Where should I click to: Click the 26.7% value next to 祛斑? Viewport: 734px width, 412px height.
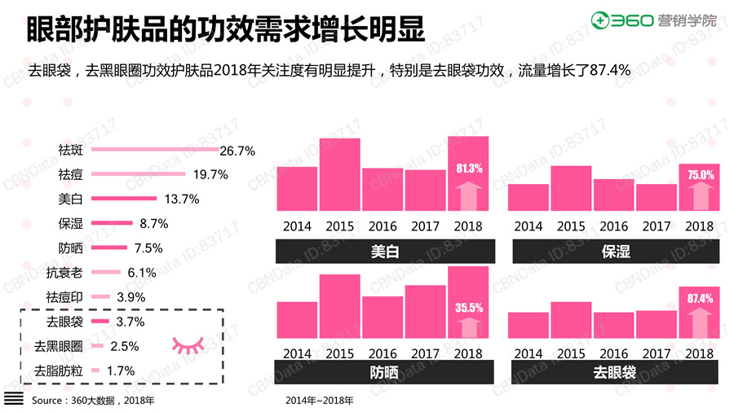(x=238, y=151)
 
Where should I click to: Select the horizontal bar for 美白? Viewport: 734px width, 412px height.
(x=123, y=199)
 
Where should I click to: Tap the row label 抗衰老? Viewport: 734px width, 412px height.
(x=65, y=272)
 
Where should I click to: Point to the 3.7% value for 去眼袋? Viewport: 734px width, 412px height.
(x=130, y=322)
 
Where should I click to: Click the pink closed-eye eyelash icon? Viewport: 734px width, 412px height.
(x=188, y=344)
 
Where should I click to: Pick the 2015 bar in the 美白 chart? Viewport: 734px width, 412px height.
(x=339, y=175)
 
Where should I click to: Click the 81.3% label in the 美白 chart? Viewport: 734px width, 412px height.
(x=468, y=169)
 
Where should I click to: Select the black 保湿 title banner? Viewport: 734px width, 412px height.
(x=616, y=252)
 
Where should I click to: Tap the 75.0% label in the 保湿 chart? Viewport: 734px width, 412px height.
(x=701, y=175)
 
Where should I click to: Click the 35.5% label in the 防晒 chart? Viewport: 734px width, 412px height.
(x=468, y=308)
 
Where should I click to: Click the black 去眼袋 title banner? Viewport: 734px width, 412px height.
(x=616, y=372)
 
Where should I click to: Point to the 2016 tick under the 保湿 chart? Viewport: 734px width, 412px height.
(x=614, y=226)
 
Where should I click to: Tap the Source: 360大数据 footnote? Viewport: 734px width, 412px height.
(x=92, y=401)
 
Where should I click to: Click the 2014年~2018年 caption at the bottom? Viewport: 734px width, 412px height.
(x=320, y=401)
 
